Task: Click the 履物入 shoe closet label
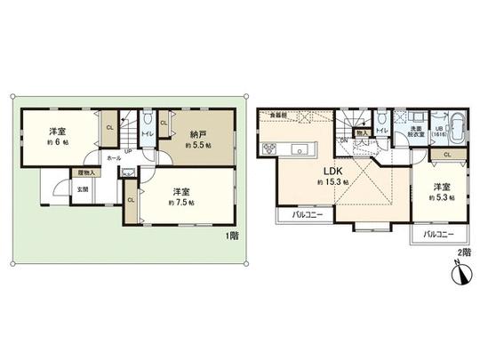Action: (86, 172)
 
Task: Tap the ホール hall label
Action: (114, 157)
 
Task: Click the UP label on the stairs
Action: (128, 150)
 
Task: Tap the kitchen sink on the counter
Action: (300, 147)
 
